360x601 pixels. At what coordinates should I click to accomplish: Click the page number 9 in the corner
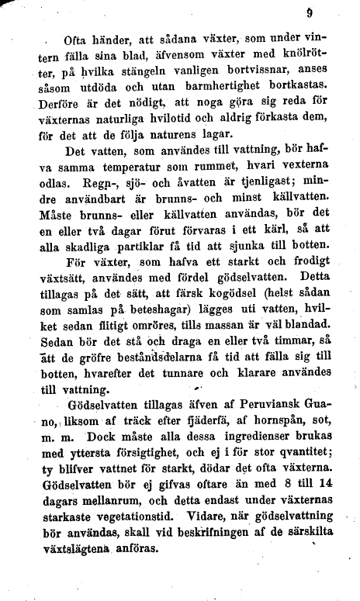pyautogui.click(x=310, y=12)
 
